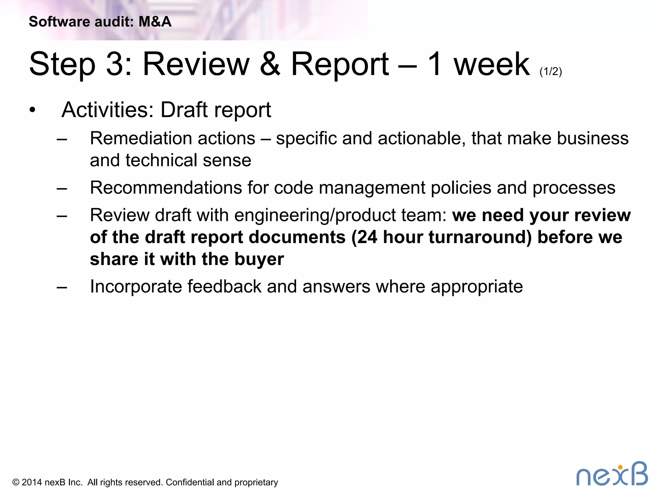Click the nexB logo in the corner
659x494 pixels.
(612, 474)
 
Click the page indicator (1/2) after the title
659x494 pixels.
(551, 71)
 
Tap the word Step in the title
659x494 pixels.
(62, 64)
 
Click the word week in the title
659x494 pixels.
(491, 64)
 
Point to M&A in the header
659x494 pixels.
(155, 22)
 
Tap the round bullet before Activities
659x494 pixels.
(32, 110)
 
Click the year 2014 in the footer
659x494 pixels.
(32, 482)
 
